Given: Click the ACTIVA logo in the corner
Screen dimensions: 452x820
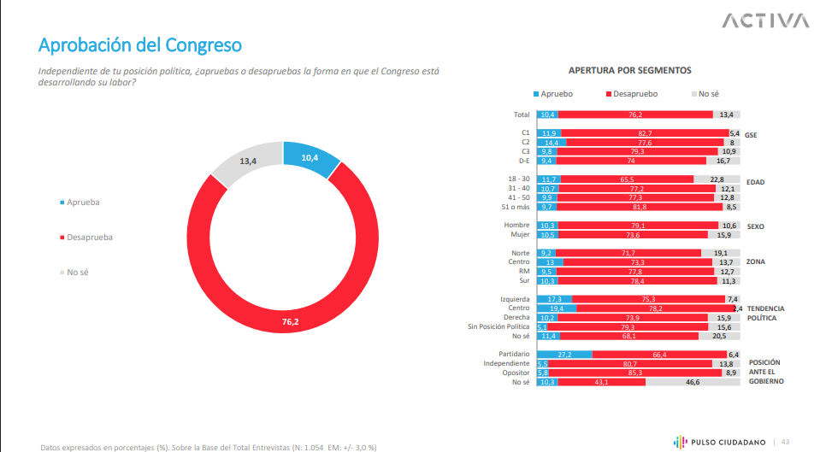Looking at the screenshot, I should point(765,21).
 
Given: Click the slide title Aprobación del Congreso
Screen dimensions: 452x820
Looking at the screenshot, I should point(140,44).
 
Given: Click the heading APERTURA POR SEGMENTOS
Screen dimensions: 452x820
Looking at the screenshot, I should point(630,71).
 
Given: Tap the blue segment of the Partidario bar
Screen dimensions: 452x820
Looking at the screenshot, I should point(564,354).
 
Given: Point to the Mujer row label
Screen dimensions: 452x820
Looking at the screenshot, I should point(520,234).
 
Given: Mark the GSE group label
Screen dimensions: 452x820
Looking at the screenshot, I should point(752,134).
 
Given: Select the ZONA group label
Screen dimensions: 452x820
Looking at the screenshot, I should point(755,261).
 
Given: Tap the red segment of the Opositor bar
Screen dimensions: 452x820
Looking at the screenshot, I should point(633,373).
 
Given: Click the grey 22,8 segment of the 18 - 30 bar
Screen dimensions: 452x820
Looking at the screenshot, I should point(716,179).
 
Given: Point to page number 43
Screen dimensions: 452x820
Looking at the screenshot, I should point(784,441).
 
